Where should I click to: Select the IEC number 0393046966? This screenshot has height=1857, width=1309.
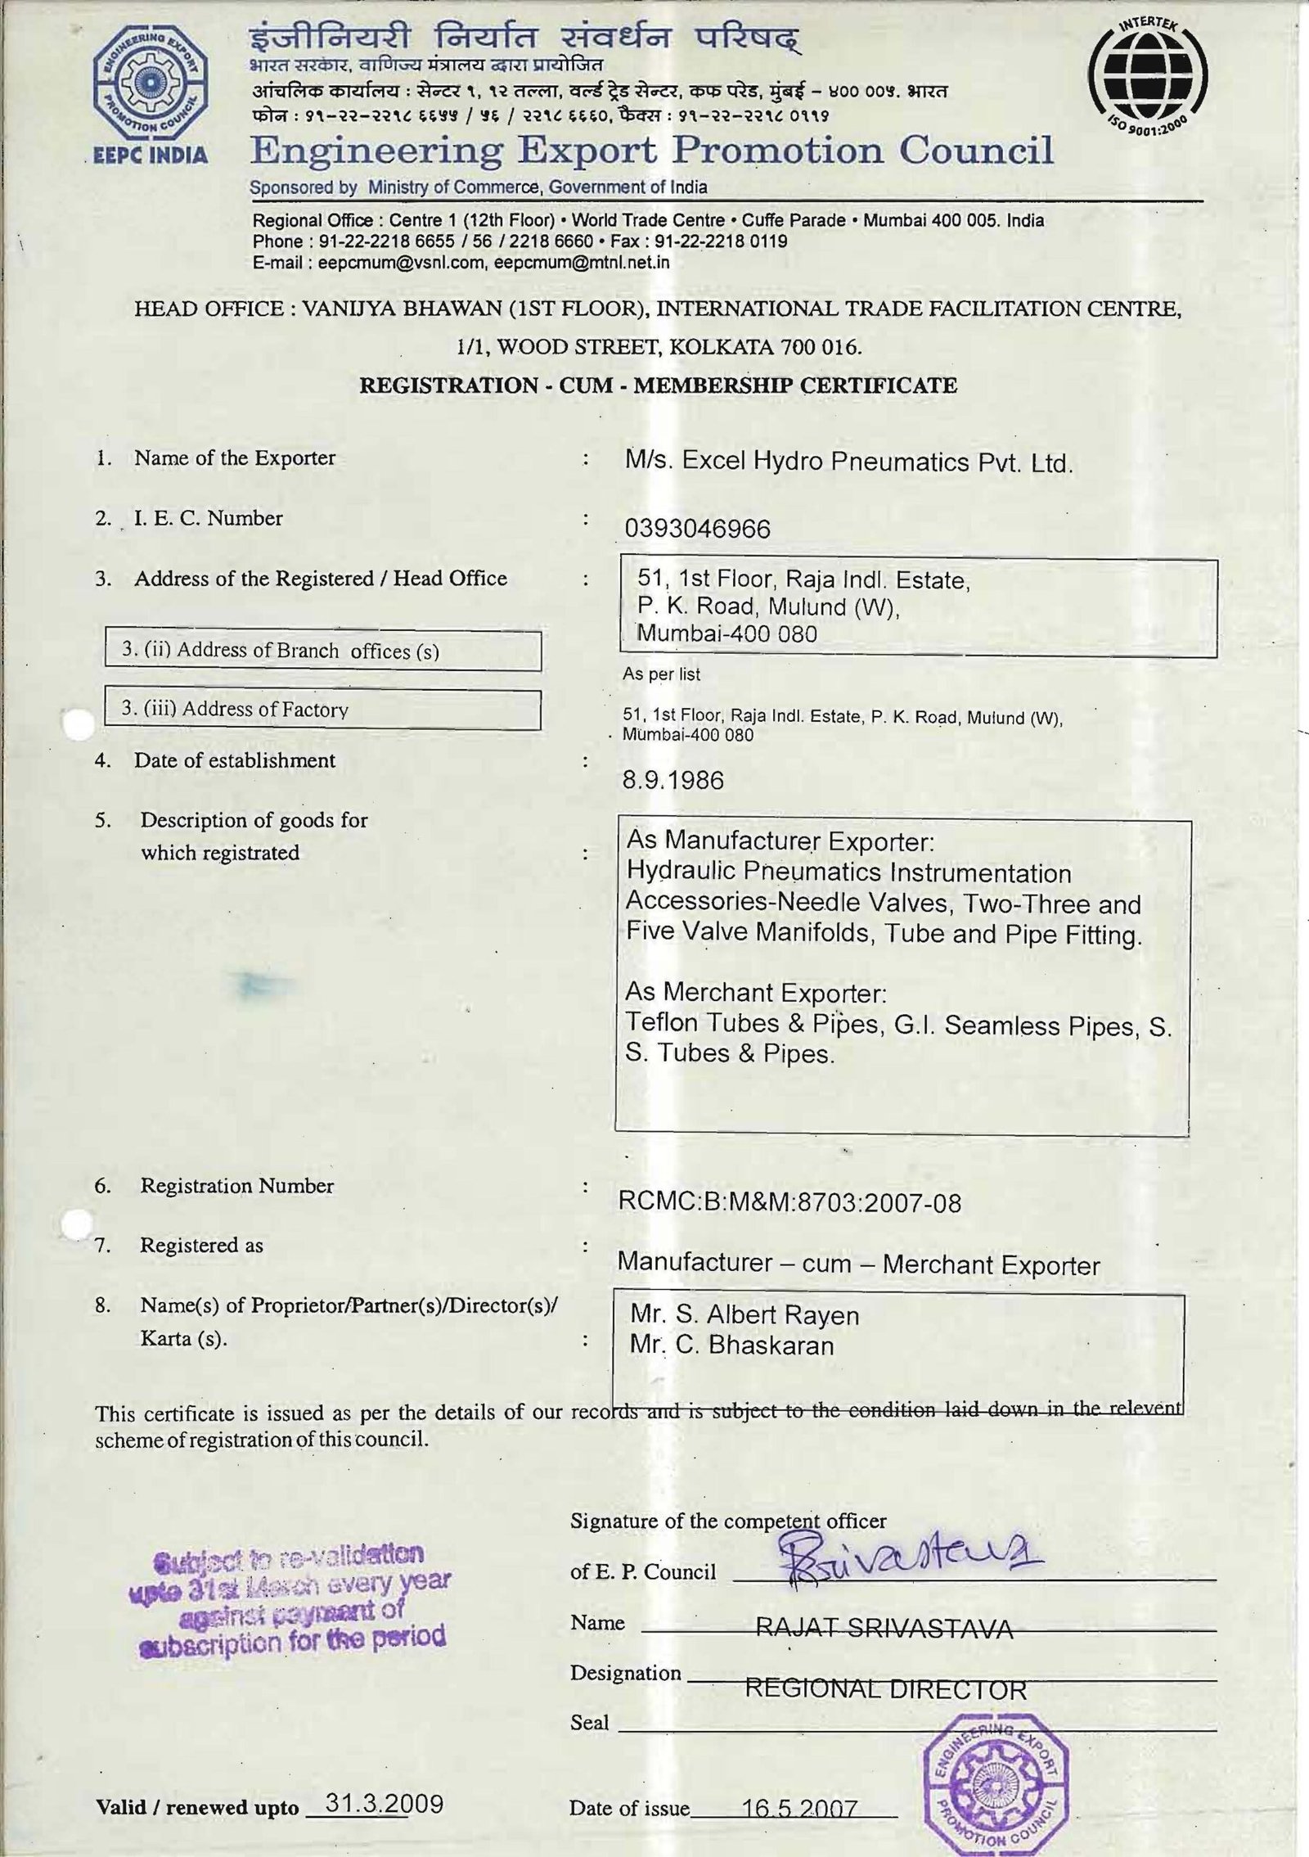697,530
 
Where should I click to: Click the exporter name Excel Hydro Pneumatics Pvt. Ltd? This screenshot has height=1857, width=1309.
848,463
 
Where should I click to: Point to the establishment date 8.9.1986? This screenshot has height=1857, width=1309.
672,780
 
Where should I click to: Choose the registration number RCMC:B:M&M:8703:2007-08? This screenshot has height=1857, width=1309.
789,1202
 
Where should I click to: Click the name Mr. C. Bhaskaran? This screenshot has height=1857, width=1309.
731,1345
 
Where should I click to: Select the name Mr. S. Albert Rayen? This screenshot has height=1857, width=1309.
744,1315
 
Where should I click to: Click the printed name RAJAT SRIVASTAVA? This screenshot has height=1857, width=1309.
884,1628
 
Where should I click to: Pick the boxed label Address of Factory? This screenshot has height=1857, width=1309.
322,709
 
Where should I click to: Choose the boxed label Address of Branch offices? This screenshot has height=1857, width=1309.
322,651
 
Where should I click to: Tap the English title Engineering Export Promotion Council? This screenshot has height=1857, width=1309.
651,151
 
